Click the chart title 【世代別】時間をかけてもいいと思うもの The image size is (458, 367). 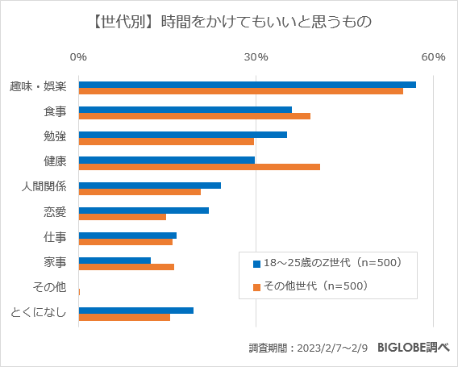(228, 22)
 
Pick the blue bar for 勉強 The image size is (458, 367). (182, 135)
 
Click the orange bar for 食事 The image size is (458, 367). (194, 116)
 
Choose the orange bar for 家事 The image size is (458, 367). (126, 267)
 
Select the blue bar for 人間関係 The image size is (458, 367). (149, 186)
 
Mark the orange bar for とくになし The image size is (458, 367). (124, 317)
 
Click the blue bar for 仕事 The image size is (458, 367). (127, 236)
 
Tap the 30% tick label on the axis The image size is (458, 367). (256, 56)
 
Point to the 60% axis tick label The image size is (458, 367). (433, 56)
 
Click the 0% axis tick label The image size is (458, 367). (78, 56)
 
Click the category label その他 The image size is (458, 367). (50, 288)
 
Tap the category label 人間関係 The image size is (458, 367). (44, 188)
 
